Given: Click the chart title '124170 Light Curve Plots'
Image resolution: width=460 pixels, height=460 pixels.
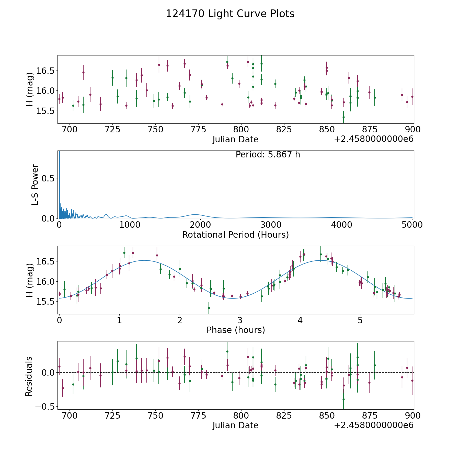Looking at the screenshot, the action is tap(230, 14).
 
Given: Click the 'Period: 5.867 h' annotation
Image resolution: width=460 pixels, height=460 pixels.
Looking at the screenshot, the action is tap(268, 155).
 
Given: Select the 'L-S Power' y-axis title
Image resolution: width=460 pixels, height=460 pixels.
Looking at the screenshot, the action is tap(35, 185).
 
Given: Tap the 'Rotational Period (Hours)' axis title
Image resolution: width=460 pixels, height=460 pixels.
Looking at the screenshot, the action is tap(235, 235).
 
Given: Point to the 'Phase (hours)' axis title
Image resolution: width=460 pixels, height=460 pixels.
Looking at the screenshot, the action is tap(236, 330).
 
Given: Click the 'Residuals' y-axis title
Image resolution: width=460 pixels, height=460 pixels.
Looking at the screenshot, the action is tap(29, 376).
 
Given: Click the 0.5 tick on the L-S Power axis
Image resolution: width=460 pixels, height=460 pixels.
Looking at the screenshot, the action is tap(49, 178).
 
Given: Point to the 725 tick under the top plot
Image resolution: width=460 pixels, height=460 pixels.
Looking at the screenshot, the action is tap(113, 130).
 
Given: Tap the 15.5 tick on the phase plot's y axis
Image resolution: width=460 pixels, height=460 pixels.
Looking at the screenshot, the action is tap(45, 302).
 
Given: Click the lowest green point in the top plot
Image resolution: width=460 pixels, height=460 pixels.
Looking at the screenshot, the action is tap(343, 117).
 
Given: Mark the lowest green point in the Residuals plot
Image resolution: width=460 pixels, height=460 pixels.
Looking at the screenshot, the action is tap(343, 399).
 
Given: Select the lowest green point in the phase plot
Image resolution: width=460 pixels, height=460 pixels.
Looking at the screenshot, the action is tap(209, 308).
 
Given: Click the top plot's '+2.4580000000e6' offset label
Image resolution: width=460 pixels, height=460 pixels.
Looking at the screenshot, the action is tap(374, 139).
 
